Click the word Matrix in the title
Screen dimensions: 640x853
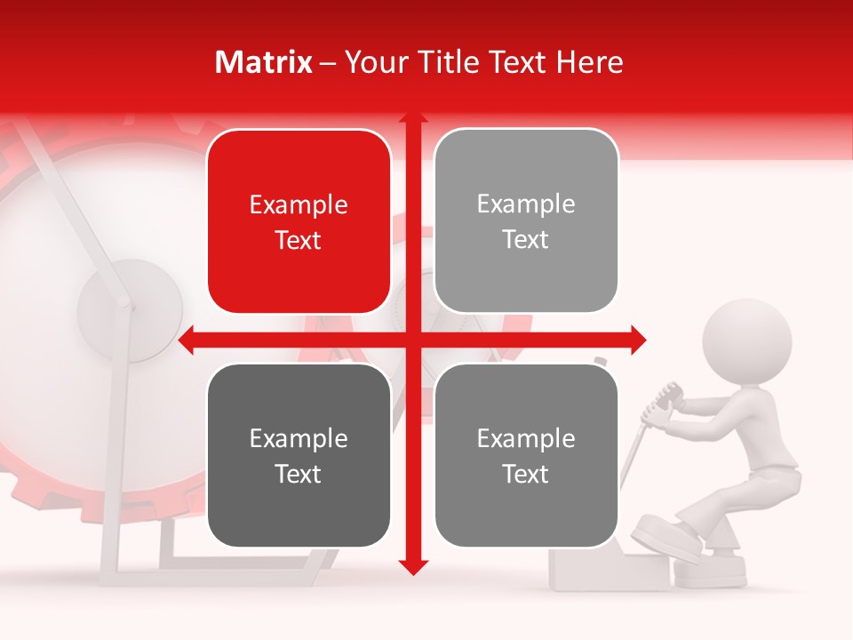[x=264, y=62]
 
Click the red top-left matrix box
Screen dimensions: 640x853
[x=299, y=221]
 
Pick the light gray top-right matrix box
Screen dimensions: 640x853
[x=526, y=221]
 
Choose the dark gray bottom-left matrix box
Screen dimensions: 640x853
[x=299, y=455]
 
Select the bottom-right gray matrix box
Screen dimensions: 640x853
[x=526, y=455]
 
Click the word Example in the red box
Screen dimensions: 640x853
[x=299, y=204]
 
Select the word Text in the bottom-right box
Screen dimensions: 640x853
[x=526, y=474]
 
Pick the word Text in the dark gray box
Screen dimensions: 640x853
[x=299, y=474]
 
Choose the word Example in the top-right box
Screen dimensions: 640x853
[x=526, y=204]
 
